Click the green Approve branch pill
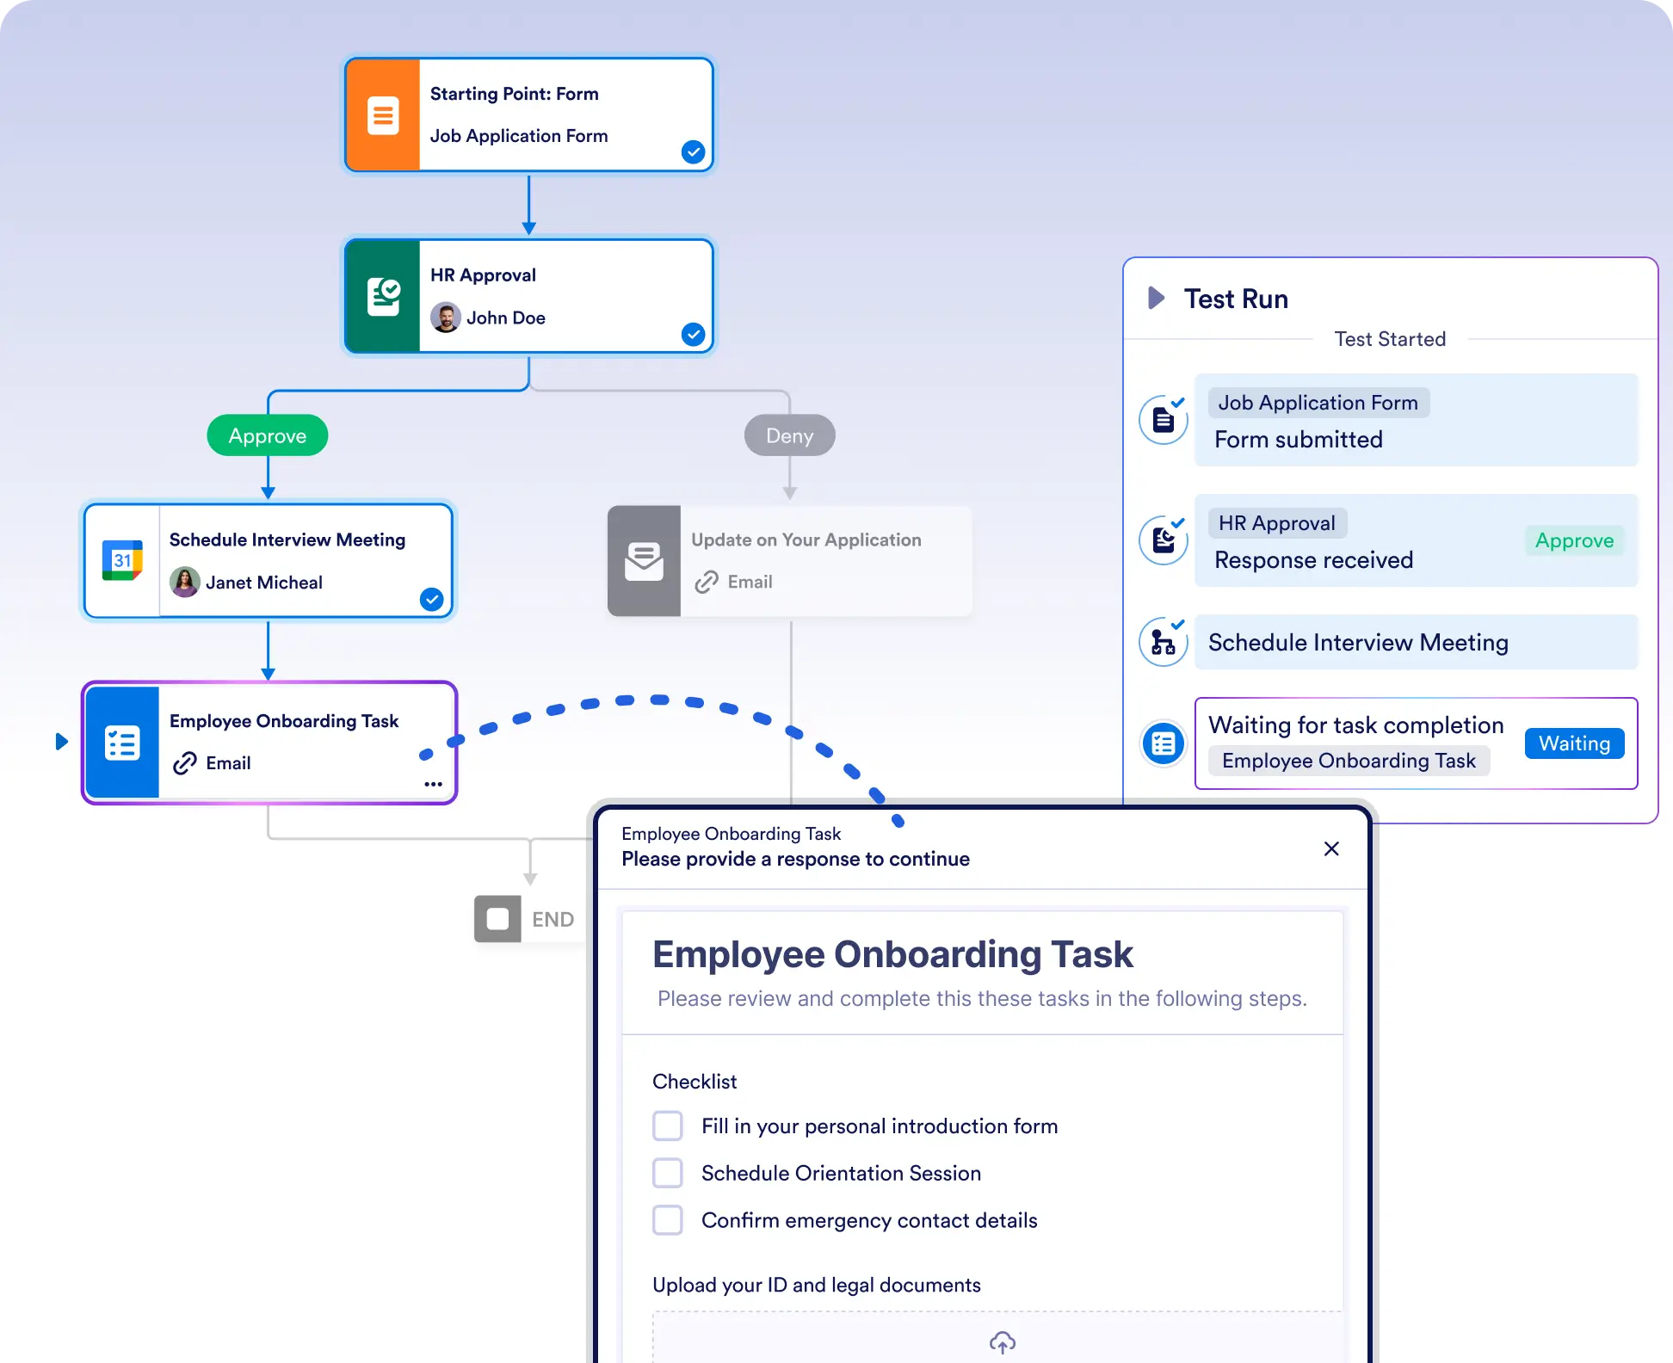268,435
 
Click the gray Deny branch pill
789,435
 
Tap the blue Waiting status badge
1574,743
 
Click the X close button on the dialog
1331,848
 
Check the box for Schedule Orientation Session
668,1173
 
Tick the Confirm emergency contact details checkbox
668,1220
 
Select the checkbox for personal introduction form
668,1126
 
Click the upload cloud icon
1003,1341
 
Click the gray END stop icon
497,919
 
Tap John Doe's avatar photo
445,318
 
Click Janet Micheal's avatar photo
185,583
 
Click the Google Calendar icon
122,560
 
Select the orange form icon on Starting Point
383,115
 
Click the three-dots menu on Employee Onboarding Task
433,784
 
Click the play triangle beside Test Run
1157,299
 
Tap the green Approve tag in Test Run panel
1574,540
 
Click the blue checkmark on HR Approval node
693,334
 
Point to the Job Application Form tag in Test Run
1318,403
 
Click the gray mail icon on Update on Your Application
644,561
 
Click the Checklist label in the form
695,1082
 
